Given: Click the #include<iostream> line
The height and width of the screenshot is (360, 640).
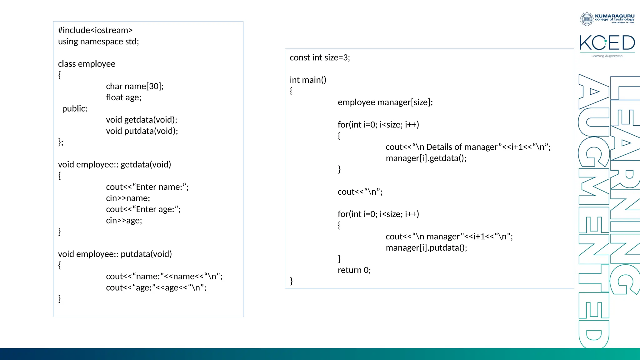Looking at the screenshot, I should point(95,30).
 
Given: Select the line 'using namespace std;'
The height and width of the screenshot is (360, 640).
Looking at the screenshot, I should point(98,42).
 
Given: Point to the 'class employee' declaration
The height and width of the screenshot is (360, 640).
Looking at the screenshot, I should point(87,64).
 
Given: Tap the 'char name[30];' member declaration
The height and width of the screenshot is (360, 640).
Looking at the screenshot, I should point(135,86).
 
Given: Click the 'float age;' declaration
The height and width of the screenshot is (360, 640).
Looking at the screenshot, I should point(123,97).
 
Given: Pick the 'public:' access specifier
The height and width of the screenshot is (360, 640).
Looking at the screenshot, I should point(75,109).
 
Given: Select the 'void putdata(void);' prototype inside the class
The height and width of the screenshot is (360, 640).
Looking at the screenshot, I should point(142,131).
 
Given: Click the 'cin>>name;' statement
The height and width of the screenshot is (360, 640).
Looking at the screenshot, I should point(128,198).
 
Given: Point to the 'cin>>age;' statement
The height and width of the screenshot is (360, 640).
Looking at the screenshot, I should point(124,221).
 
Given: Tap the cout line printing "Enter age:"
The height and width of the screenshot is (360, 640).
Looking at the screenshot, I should point(143,209).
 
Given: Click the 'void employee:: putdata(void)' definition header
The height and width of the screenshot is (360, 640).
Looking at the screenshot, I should point(115,254).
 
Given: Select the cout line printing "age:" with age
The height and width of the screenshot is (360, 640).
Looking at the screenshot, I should point(156,287).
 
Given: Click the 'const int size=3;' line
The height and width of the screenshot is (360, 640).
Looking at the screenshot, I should point(320,58).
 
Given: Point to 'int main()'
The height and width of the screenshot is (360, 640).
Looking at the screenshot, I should point(308,80).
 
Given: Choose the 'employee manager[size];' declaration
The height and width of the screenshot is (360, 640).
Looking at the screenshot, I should point(385,102).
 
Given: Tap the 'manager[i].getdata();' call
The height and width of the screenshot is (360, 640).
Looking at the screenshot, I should point(426,158).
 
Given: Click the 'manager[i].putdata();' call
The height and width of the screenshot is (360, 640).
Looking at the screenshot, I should point(426,248).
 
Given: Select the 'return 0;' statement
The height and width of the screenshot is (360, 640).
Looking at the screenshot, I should point(354,270).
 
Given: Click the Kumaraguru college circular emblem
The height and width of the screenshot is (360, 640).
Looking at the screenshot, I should point(587,19).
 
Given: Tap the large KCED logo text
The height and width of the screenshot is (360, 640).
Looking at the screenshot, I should point(607,43).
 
